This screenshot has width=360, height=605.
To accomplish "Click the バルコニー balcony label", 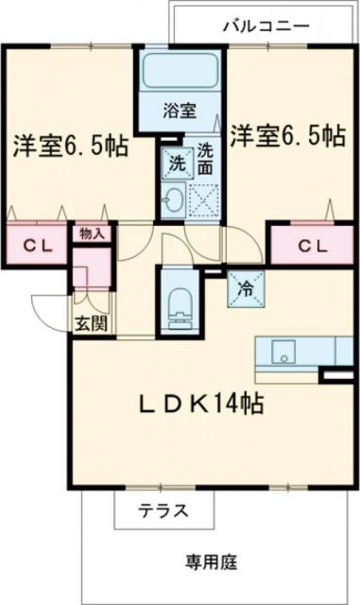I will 265,26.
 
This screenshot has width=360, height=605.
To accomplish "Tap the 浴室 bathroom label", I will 180,111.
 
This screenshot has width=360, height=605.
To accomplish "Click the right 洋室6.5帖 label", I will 285,136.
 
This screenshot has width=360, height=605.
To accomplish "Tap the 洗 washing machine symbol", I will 175,161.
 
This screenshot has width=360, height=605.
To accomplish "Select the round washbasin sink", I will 174,199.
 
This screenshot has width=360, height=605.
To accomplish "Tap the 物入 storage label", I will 92,233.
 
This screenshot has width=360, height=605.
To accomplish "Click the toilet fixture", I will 178,301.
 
